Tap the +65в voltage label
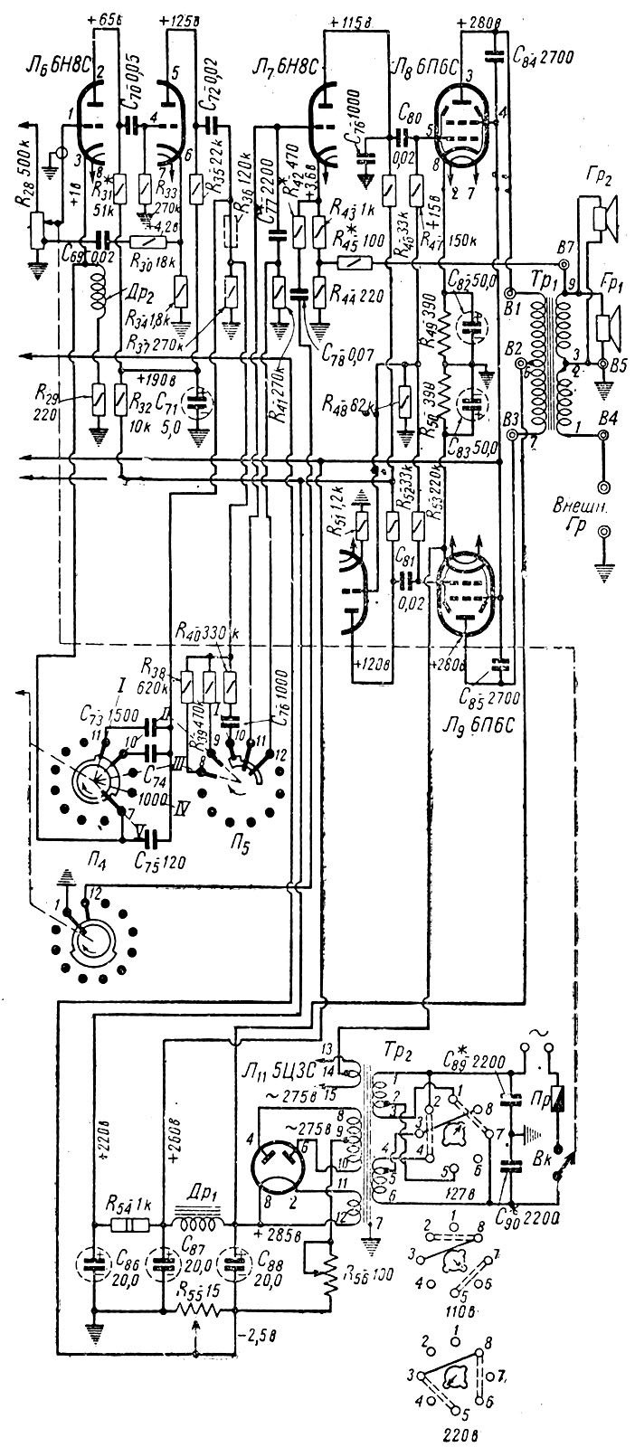coord(107,19)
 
